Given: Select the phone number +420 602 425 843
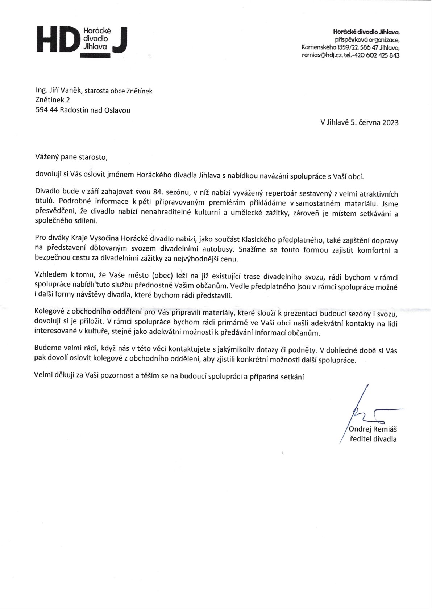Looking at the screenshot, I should pos(379,55).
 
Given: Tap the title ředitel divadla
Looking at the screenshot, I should pos(373,439).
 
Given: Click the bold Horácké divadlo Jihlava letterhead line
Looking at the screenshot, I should pos(366,32).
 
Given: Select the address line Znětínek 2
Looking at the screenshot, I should pos(53,100).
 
